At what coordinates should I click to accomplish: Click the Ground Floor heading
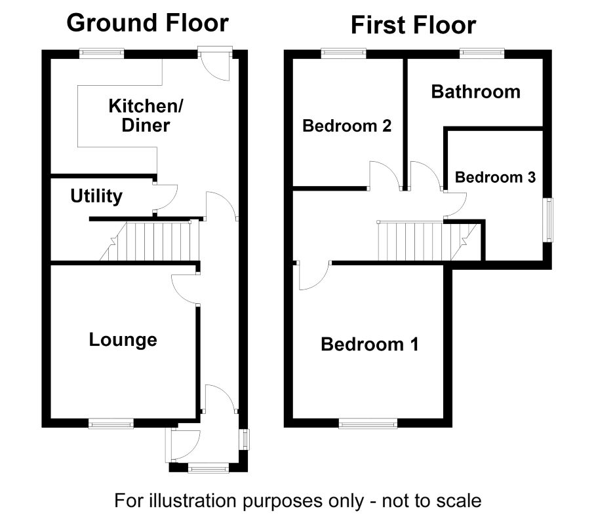tap(148, 24)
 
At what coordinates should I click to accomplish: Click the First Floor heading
tap(413, 26)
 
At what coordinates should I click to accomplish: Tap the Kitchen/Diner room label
tap(146, 115)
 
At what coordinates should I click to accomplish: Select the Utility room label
tap(96, 196)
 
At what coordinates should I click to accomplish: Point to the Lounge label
tap(123, 340)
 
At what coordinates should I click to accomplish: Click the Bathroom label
tap(475, 92)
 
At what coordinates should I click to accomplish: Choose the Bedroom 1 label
tap(369, 345)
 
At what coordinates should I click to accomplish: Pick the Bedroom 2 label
tap(347, 126)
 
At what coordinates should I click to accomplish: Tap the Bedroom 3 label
tap(495, 178)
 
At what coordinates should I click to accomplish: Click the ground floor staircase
tap(149, 241)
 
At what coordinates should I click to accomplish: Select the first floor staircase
tap(427, 241)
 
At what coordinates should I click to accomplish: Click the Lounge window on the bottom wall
tap(111, 423)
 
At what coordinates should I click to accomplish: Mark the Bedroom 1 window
tap(368, 423)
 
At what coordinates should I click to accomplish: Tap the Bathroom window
tap(482, 53)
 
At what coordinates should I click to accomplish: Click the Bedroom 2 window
tap(344, 53)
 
